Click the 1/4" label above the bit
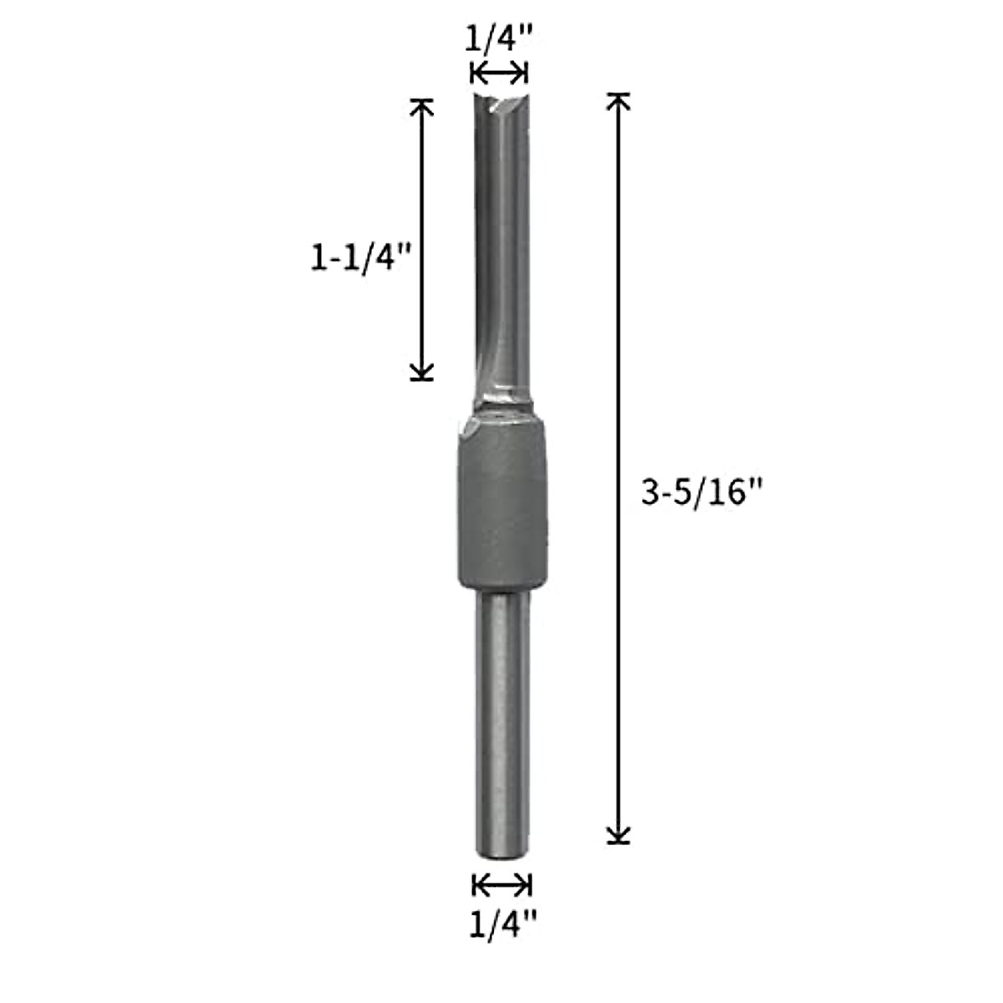pos(499,39)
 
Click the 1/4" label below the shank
pos(501,924)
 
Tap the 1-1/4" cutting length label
pos(363,260)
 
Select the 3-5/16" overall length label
pos(702,494)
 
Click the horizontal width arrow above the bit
pos(499,74)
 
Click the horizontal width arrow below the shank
pos(501,884)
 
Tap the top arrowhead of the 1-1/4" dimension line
pos(422,107)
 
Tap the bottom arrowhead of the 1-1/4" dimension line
pos(422,371)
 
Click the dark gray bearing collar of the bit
pos(501,510)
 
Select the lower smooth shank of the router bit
pos(501,719)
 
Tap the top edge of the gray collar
pos(501,418)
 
